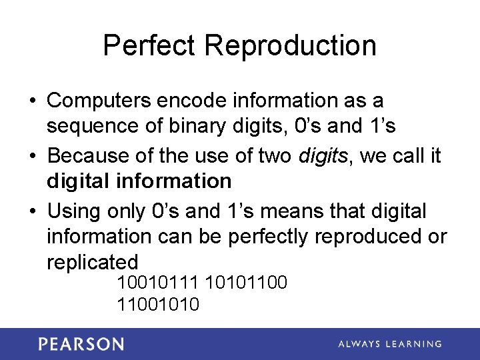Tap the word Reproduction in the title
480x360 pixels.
click(291, 45)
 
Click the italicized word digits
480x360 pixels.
click(323, 155)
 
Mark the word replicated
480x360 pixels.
click(92, 261)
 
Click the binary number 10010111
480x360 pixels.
click(158, 283)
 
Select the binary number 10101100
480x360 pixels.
click(247, 283)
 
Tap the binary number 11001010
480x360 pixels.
click(158, 305)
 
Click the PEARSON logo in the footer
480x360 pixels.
click(81, 344)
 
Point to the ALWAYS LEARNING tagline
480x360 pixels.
click(390, 344)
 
